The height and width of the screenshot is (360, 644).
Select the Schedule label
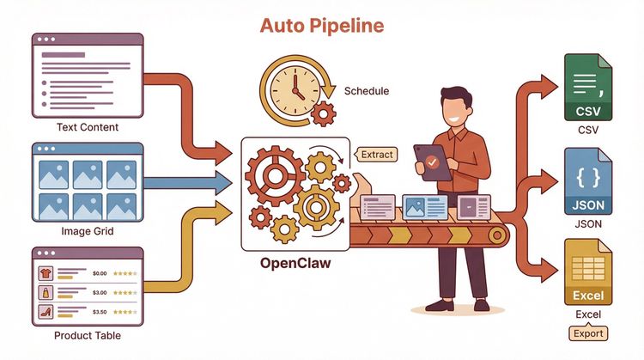coord(367,90)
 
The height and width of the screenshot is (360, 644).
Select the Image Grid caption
coord(87,230)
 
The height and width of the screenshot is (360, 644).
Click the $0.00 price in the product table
coord(98,273)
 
